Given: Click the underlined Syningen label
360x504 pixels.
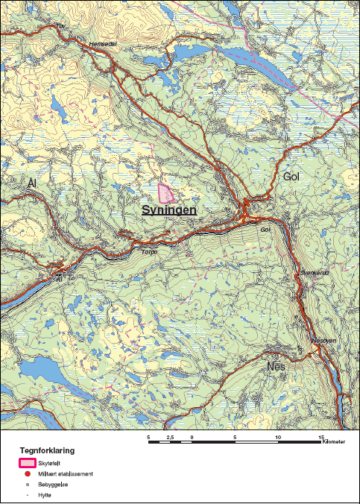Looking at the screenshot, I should (x=169, y=211).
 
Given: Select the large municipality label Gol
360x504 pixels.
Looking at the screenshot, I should (x=295, y=177).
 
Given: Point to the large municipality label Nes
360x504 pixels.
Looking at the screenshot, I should (x=276, y=368).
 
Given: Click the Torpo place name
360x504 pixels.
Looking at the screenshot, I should (x=150, y=252).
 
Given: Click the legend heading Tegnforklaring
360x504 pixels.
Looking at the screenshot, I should (x=46, y=450).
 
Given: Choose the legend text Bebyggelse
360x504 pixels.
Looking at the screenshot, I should (x=52, y=484).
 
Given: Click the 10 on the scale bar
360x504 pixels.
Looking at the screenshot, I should (x=278, y=436).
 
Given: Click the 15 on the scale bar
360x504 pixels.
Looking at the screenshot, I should (x=320, y=436).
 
